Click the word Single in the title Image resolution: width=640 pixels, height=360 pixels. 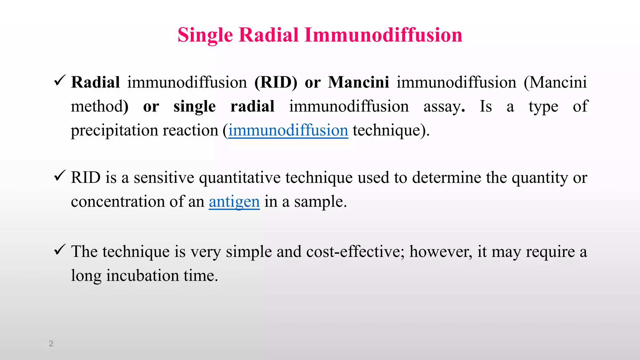[205, 35]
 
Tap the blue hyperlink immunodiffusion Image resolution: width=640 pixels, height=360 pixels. [288, 130]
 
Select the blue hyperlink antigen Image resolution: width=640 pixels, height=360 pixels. [234, 202]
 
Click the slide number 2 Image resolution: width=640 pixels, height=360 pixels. [51, 343]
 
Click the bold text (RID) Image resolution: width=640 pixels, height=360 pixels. [276, 82]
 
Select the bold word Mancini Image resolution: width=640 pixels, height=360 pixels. [358, 82]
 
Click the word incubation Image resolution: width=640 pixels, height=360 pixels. [142, 276]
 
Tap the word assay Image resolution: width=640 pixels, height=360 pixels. [442, 107]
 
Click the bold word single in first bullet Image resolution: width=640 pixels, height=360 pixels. [194, 107]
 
